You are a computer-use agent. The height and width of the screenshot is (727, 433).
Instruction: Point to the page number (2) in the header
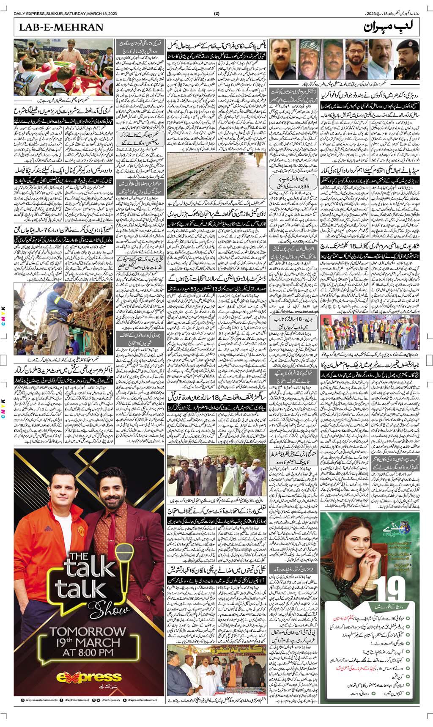tap(217, 13)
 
